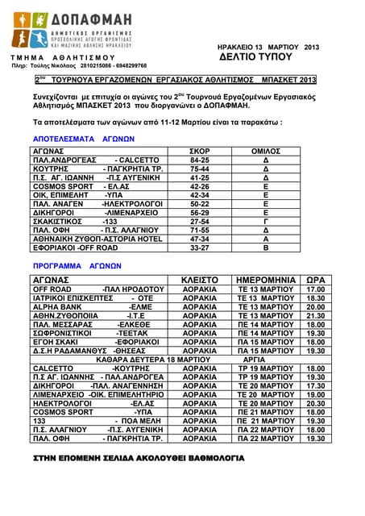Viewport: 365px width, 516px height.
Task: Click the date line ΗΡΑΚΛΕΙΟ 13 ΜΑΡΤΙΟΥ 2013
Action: click(x=268, y=47)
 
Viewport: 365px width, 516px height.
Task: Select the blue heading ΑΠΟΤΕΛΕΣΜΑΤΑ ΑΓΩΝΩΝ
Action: click(x=72, y=139)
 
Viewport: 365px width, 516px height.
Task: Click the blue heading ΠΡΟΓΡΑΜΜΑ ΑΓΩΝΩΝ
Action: click(x=67, y=264)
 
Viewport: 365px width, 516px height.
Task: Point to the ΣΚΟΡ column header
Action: click(x=199, y=151)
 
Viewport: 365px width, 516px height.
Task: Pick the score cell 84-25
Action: click(x=199, y=160)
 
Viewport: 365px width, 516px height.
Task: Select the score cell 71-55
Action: click(x=199, y=229)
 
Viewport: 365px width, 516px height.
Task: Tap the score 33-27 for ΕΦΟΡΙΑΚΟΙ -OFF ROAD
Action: click(x=199, y=248)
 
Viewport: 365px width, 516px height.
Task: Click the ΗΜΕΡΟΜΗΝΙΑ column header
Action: click(x=265, y=278)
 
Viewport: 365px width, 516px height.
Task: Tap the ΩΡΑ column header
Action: click(x=316, y=278)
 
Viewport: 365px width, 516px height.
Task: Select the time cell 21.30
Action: click(x=316, y=316)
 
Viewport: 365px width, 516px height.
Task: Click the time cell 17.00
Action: click(x=316, y=288)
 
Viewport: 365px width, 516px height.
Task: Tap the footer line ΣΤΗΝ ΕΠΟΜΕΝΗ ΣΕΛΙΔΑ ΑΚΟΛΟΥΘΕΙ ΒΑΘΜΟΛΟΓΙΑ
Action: click(x=138, y=457)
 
